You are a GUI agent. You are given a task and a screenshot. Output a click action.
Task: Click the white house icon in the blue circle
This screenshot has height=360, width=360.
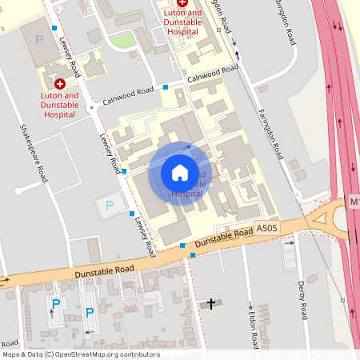[179, 172]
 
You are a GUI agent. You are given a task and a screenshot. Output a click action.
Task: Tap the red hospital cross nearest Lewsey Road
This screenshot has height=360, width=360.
[59, 83]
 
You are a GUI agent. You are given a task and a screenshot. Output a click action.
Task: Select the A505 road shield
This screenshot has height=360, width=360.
[267, 229]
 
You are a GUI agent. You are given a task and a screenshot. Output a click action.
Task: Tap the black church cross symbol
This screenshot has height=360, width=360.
[211, 303]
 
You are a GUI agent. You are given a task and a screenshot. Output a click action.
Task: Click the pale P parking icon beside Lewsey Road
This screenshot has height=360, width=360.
[110, 206]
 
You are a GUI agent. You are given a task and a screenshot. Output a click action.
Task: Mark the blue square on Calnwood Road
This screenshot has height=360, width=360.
[166, 86]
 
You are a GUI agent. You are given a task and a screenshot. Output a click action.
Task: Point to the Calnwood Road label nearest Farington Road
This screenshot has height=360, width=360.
[213, 74]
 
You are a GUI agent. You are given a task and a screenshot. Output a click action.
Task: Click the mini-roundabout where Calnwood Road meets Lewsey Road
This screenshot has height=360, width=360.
[93, 106]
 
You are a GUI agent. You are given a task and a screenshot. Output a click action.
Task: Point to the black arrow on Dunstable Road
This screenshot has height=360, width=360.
[4, 280]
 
